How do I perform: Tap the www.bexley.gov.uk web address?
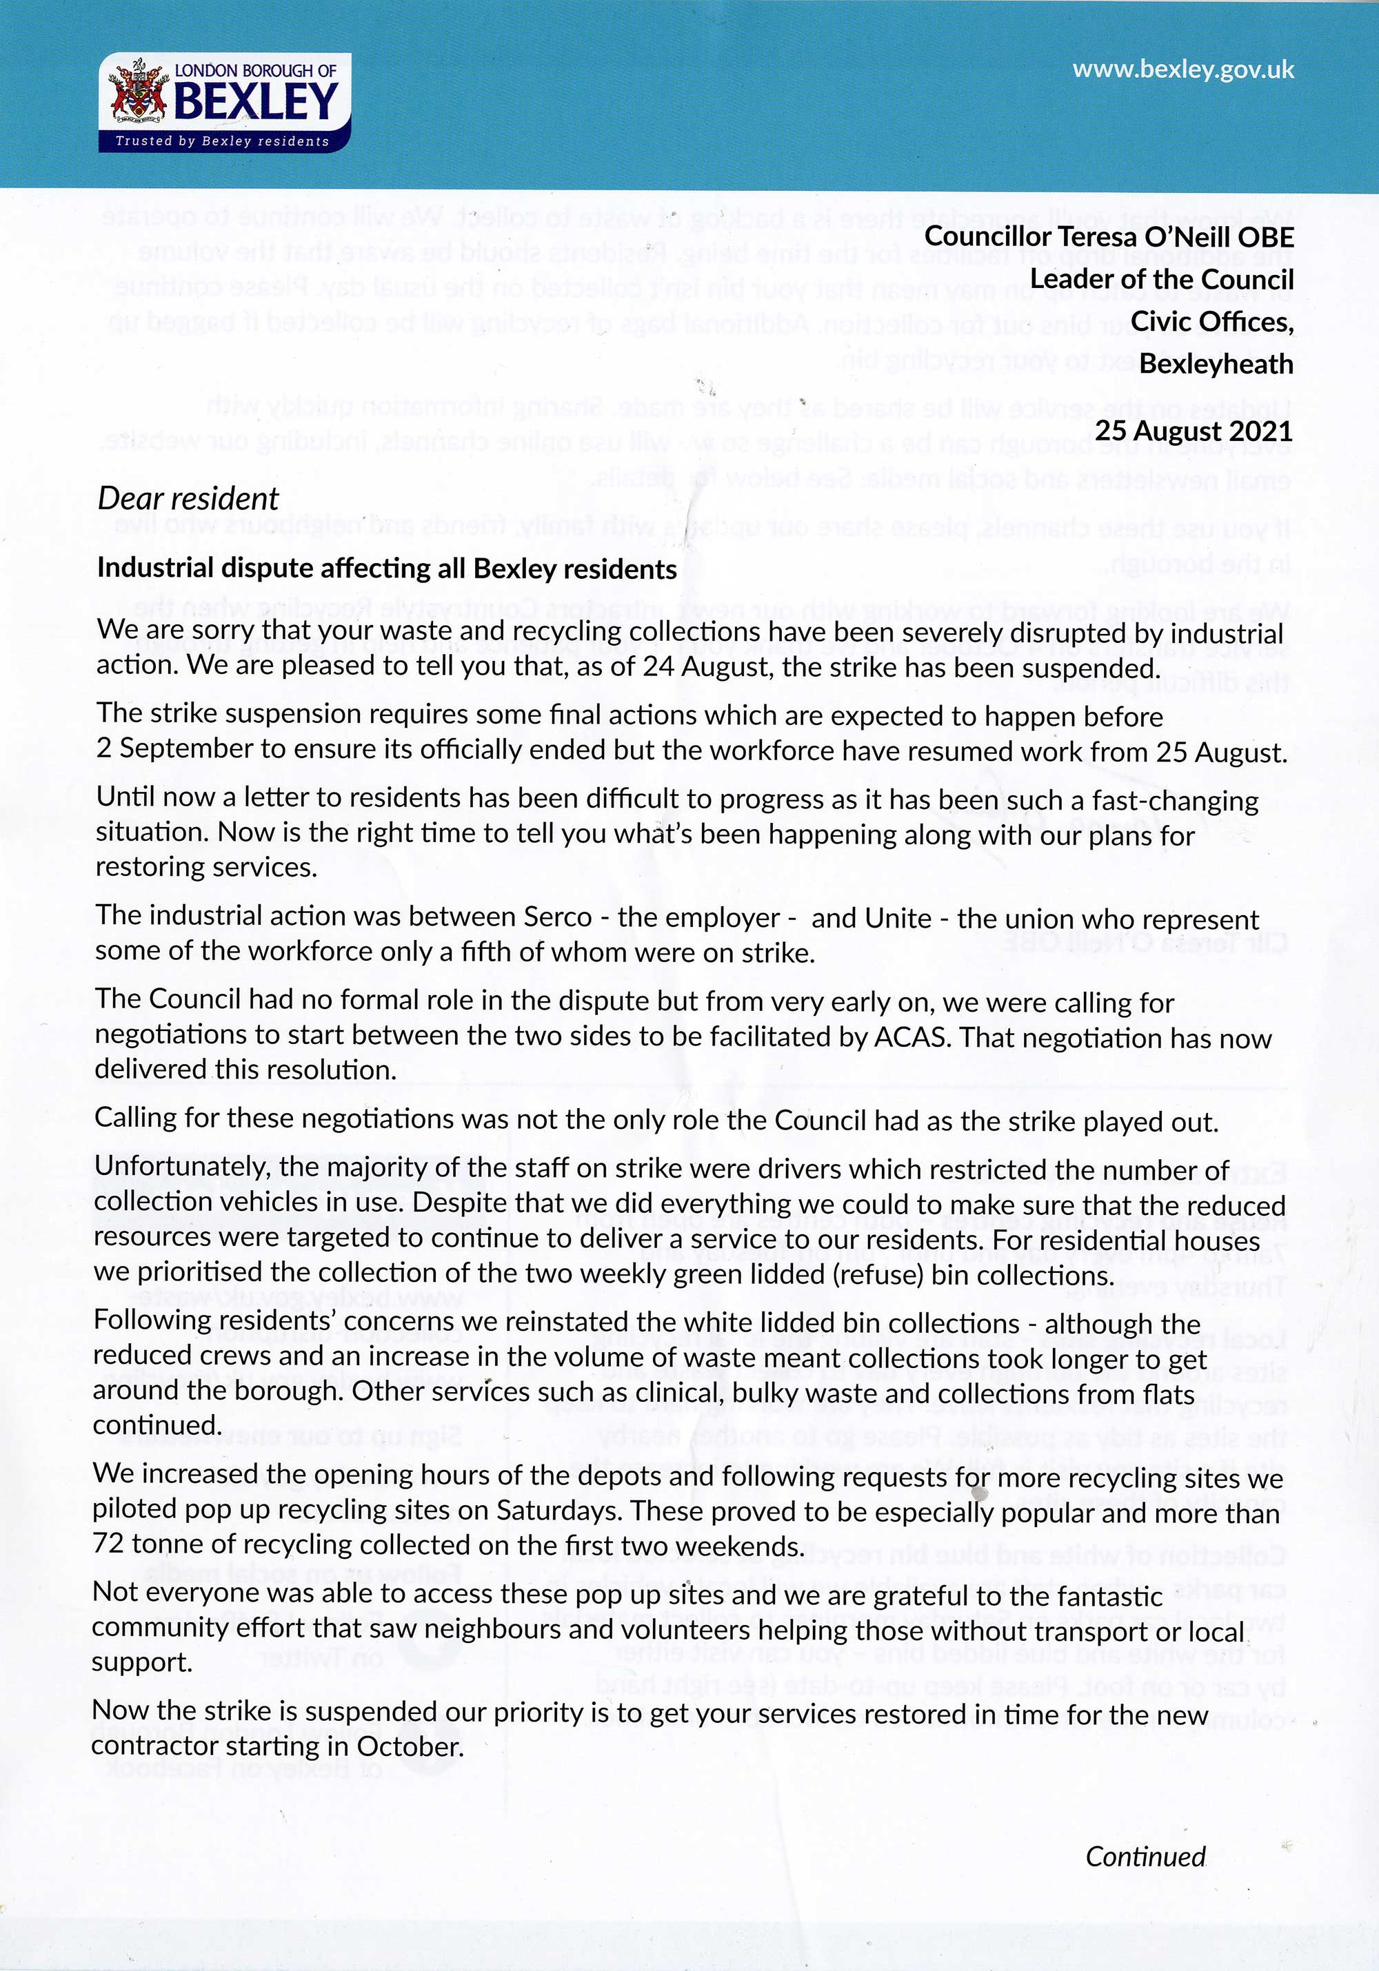coord(1182,70)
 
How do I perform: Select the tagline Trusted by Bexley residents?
coord(223,141)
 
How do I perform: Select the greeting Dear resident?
coord(188,499)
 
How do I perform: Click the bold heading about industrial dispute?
coord(386,569)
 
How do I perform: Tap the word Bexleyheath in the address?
coord(1216,364)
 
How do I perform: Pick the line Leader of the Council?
coord(1162,279)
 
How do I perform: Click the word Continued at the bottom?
coord(1145,1856)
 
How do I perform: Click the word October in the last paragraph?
coord(410,1746)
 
